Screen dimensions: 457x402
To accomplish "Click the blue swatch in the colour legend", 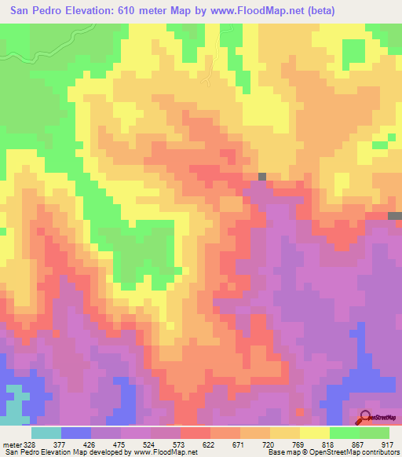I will click(75, 433).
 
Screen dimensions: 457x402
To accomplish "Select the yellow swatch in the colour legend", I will click(314, 433).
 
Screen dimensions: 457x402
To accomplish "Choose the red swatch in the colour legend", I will click(195, 433).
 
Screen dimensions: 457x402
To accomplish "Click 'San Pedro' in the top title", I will click(35, 10).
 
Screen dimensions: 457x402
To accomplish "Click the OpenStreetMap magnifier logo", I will click(367, 416).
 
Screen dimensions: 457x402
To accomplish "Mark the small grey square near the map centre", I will click(262, 177).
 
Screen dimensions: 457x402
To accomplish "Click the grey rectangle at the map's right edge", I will click(396, 215).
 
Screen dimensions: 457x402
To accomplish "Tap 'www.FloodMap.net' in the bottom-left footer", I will click(165, 452).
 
